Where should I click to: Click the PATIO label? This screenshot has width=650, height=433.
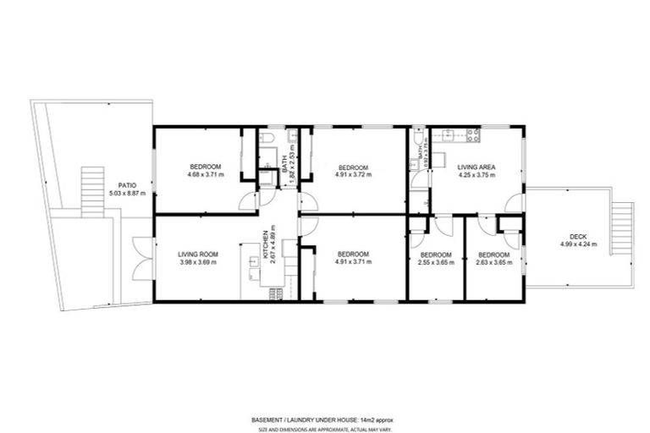[127, 184]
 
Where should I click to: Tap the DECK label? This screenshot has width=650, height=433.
[578, 236]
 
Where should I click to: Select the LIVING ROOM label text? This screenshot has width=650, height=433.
[198, 254]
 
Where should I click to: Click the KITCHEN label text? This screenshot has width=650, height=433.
[266, 242]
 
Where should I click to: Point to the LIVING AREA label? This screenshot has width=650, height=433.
[476, 167]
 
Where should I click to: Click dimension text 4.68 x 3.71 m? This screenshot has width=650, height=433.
[205, 174]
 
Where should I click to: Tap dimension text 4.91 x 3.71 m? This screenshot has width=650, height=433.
[353, 262]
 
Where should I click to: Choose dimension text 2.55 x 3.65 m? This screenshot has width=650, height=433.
[436, 262]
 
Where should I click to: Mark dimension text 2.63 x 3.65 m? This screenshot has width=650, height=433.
[493, 262]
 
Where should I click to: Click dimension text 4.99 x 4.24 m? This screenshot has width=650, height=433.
[578, 244]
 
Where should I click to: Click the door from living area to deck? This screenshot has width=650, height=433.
[513, 203]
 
